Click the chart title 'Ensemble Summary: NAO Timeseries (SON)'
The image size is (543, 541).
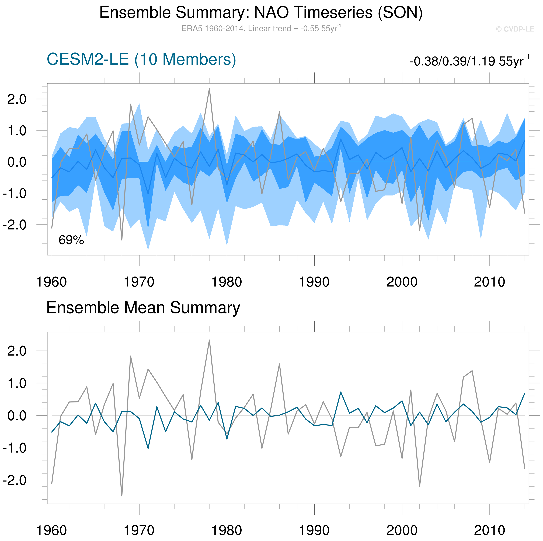click(261, 13)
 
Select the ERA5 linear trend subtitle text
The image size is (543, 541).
click(261, 28)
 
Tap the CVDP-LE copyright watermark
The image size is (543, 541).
click(515, 29)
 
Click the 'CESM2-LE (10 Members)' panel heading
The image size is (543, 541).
click(141, 59)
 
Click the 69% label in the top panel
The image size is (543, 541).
click(71, 240)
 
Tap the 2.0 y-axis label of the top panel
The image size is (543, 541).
click(17, 99)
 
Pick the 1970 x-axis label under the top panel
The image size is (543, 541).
click(139, 282)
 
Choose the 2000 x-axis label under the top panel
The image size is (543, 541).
click(402, 282)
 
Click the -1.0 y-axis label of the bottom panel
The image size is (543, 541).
click(15, 448)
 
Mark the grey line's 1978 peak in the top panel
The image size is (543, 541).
click(209, 89)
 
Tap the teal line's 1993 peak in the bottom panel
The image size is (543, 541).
click(341, 392)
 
